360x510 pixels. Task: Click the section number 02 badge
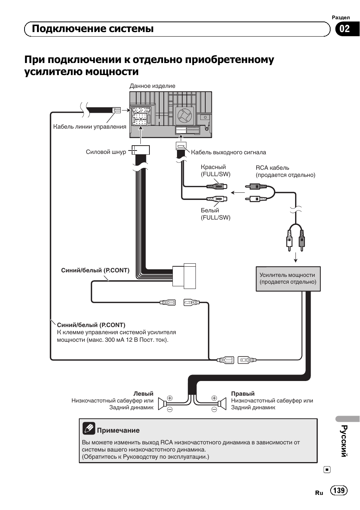(x=347, y=29)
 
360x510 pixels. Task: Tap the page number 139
(x=339, y=490)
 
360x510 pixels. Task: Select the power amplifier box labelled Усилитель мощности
(x=288, y=279)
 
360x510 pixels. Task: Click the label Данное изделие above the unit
(x=152, y=86)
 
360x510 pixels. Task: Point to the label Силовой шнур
(x=106, y=152)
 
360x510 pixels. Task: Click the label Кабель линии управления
(x=89, y=127)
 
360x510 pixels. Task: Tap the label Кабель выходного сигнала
(x=228, y=152)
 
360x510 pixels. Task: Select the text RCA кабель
(x=272, y=168)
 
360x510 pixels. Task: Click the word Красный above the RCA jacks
(x=213, y=167)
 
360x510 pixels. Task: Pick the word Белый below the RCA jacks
(x=210, y=210)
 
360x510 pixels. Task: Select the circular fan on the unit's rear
(x=185, y=115)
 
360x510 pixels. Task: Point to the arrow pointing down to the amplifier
(x=295, y=257)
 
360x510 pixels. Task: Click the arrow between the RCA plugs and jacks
(x=238, y=193)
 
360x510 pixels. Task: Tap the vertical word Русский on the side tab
(x=345, y=441)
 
